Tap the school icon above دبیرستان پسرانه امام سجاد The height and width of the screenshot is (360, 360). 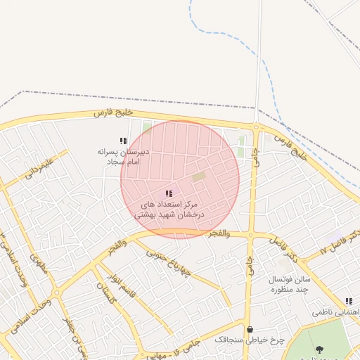pyautogui.click(x=123, y=141)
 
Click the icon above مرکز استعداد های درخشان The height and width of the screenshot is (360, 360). pyautogui.click(x=168, y=193)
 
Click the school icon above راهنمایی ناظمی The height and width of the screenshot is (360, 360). pyautogui.click(x=349, y=301)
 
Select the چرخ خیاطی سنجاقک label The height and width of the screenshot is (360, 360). pyautogui.click(x=249, y=340)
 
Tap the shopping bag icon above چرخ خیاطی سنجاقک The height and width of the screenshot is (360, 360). pyautogui.click(x=249, y=329)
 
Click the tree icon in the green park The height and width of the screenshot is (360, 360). pyautogui.click(x=320, y=349)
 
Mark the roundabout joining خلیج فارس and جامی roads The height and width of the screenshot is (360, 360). pyautogui.click(x=255, y=127)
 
